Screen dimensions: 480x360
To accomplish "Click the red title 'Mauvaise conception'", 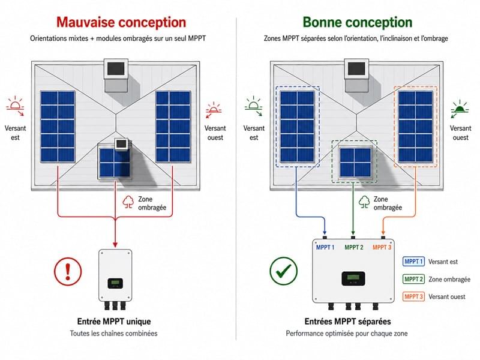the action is coord(121,22).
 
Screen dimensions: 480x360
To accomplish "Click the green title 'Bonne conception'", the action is coord(358,22).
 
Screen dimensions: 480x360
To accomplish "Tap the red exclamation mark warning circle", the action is coord(68,271).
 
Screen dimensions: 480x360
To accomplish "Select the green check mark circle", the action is coord(283,271).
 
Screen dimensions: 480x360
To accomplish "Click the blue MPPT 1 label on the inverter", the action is coord(325,247).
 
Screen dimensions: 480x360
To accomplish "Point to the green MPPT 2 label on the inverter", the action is coord(354,247).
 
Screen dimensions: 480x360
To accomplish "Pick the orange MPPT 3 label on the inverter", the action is coord(382,247).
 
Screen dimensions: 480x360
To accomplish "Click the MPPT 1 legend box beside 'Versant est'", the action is coord(413,262).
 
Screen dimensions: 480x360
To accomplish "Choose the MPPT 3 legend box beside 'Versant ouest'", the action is coord(413,296).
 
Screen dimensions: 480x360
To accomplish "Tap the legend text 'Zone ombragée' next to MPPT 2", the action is coord(449,279).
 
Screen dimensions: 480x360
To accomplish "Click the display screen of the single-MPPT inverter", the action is coord(115,283).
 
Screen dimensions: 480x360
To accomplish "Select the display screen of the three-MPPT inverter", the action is coord(353,278).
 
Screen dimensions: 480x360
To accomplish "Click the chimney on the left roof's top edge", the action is coord(116,76).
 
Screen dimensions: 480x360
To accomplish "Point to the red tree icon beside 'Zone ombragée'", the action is coord(128,202).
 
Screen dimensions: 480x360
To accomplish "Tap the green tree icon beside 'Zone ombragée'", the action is coord(364,202).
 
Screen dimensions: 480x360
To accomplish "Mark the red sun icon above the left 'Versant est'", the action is coord(16,106).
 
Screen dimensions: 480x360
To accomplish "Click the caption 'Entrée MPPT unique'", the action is coord(114,322).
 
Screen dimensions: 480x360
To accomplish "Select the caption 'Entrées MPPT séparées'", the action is coord(347,322).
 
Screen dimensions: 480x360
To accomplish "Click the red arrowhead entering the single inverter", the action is coord(115,245).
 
